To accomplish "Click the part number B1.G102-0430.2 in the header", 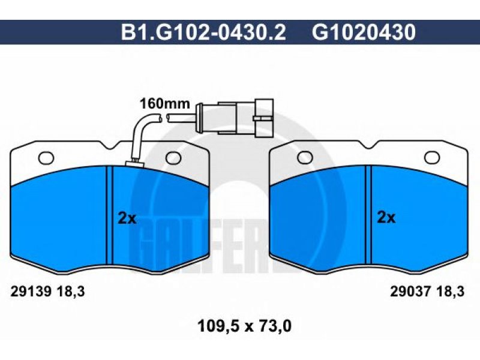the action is pyautogui.click(x=203, y=32).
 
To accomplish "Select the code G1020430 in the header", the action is pyautogui.click(x=364, y=32).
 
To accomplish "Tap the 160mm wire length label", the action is pyautogui.click(x=164, y=104).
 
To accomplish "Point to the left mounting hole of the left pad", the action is pyautogui.click(x=46, y=158).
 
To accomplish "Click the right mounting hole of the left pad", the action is pyautogui.click(x=173, y=158).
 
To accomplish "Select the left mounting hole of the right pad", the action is pyautogui.click(x=305, y=157).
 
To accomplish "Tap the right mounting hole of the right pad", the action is pyautogui.click(x=432, y=157).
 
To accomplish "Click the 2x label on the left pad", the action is pyautogui.click(x=127, y=218).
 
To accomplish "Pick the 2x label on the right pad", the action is pyautogui.click(x=386, y=218).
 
